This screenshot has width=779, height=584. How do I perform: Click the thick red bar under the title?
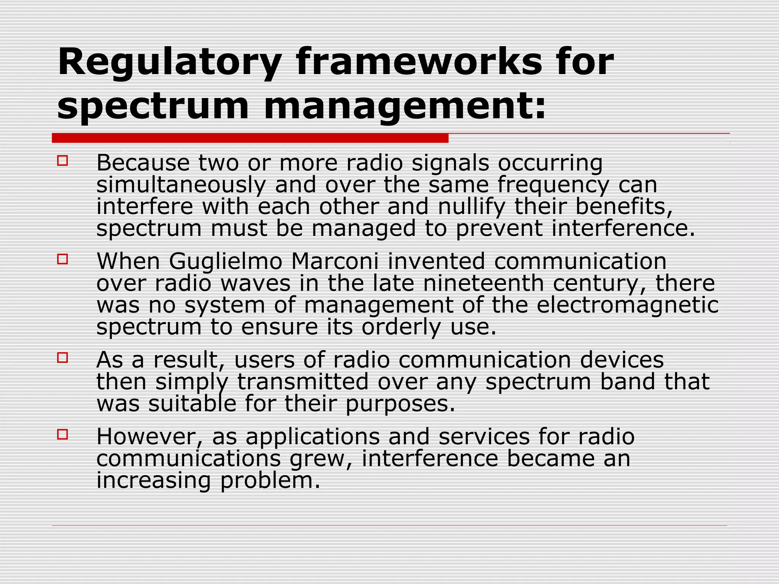[x=250, y=138]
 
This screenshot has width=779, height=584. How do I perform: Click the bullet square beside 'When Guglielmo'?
[x=62, y=259]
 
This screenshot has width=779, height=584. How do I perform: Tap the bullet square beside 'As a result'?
[x=62, y=358]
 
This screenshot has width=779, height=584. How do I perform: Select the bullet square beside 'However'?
[x=62, y=434]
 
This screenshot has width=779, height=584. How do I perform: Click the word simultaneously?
[x=181, y=186]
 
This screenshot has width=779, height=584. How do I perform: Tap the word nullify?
[x=471, y=207]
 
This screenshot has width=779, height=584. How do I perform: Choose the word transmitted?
[x=303, y=382]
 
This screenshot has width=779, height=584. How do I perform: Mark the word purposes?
[x=400, y=404]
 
